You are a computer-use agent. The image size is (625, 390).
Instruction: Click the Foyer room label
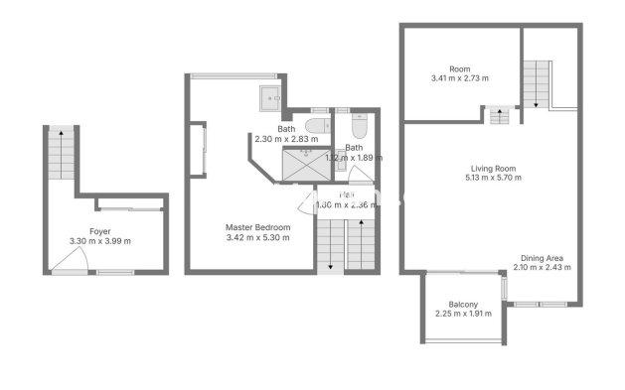coord(99,230)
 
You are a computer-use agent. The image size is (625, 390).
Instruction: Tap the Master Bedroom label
coord(257,227)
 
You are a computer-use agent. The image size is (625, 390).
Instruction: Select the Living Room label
coord(493,168)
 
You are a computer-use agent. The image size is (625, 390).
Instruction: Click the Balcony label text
coord(463,305)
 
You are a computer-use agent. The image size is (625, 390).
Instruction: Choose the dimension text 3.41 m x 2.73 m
coord(459,78)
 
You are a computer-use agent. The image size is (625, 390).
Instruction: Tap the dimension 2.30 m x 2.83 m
coord(286,139)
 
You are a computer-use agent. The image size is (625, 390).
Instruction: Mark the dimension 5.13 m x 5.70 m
coord(493,179)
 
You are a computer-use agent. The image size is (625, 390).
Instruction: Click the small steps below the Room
coord(497,115)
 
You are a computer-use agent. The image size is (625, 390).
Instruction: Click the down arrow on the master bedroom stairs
coord(329,262)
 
